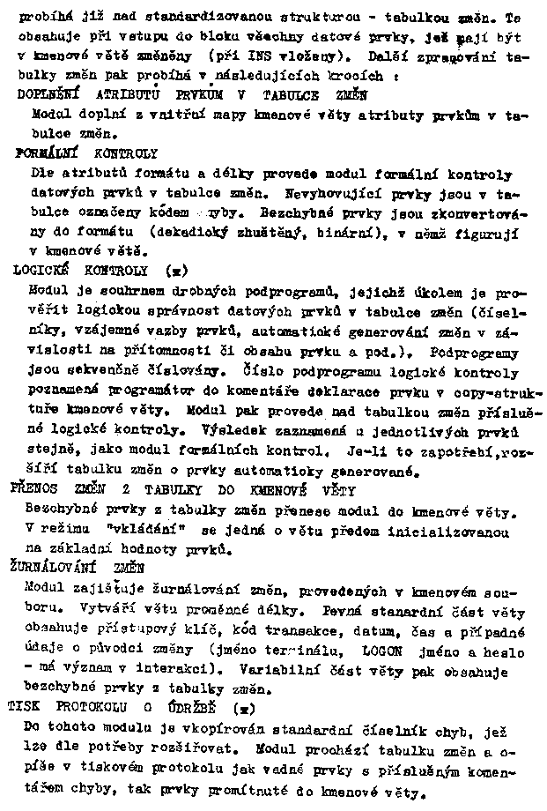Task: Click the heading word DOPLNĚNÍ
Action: [x=48, y=95]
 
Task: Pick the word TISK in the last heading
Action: [x=25, y=708]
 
